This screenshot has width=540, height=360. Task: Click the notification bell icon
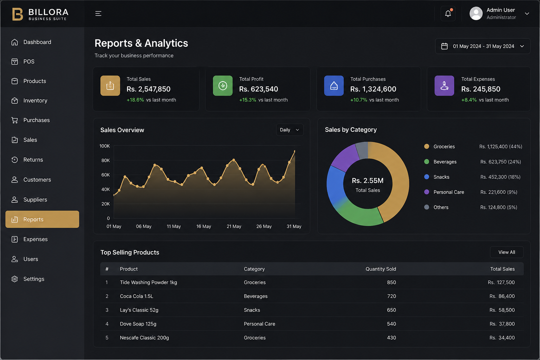point(448,13)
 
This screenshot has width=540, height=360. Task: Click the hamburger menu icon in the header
point(98,13)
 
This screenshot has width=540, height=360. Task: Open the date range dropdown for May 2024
point(483,46)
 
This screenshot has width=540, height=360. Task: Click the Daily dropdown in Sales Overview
point(290,130)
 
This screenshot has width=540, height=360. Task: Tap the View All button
point(507,252)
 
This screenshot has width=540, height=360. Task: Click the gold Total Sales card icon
point(110,85)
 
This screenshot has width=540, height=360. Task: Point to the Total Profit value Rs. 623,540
point(258,89)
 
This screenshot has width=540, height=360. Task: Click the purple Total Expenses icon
point(444,85)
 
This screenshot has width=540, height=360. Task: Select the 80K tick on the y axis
point(105,160)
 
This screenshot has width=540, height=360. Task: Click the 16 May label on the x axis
point(204,226)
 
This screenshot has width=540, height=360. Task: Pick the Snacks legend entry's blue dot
point(426,177)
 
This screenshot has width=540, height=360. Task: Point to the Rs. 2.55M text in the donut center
point(368,181)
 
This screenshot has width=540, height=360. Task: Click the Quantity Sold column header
point(381,269)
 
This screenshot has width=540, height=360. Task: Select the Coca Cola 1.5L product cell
point(136,296)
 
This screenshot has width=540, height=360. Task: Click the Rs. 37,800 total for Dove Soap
point(502,324)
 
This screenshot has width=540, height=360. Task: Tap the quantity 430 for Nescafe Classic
point(392,337)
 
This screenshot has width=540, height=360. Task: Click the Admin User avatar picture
point(476,13)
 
